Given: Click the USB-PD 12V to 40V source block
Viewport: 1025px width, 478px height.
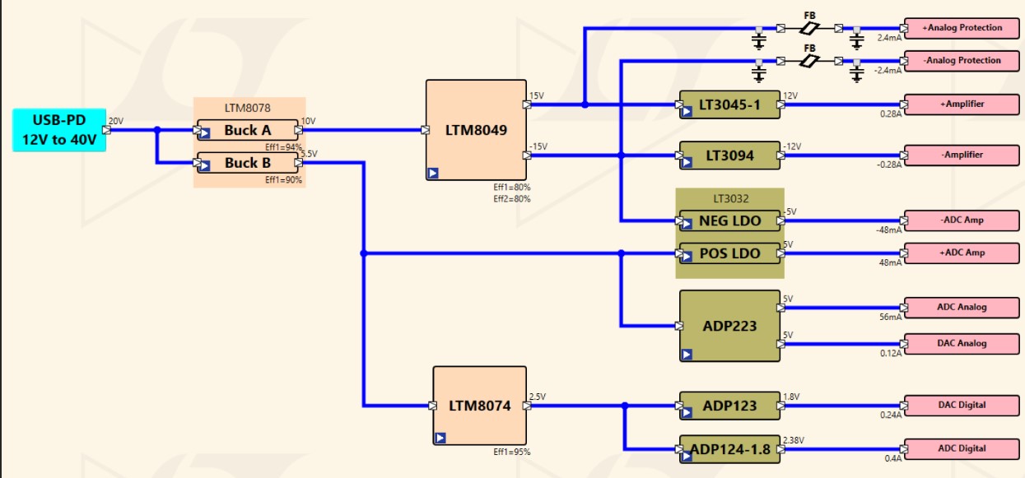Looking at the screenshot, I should coord(58,130).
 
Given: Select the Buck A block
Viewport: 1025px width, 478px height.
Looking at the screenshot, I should coord(247,130).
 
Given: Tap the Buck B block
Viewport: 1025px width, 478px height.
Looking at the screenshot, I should coord(247,163).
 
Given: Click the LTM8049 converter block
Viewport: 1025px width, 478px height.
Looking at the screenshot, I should coord(476,130).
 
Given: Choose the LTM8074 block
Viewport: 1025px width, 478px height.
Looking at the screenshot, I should coord(479,406).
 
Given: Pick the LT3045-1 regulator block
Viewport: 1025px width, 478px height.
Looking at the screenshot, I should coord(729,105).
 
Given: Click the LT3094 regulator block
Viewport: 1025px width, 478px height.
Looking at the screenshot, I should coord(729,155).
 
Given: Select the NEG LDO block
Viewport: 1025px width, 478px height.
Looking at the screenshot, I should coord(729,220).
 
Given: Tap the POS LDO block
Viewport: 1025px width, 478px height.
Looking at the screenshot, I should coord(729,253).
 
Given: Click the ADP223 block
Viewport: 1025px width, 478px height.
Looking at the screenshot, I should coord(729,326).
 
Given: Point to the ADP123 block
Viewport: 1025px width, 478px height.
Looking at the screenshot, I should coord(729,406).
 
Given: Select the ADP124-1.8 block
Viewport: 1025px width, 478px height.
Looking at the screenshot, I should coord(729,449).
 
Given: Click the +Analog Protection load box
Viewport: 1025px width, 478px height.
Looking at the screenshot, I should coord(962,28).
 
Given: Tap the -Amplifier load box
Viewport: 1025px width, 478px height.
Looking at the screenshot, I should coord(962,155).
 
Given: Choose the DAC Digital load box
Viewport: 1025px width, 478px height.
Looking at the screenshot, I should coord(962,406).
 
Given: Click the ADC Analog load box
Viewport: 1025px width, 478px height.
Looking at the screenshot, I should coord(962,308).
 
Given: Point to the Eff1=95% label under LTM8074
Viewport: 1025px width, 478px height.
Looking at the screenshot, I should coord(511,452).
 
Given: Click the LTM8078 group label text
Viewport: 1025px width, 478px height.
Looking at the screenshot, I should coord(247,107).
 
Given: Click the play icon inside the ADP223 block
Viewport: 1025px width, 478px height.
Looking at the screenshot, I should coord(687,355).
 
